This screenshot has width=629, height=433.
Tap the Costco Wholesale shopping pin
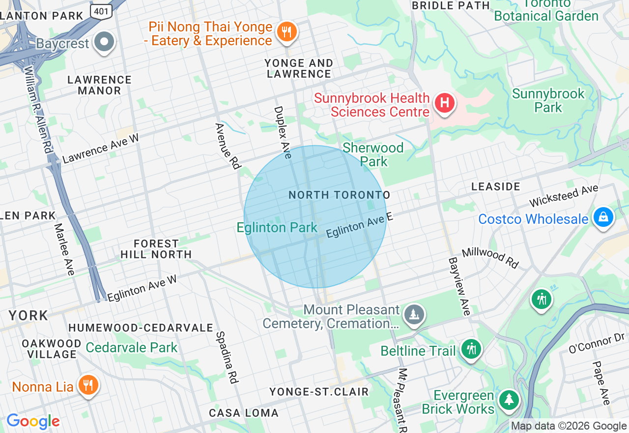click(x=603, y=217)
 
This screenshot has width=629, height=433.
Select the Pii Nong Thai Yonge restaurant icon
click(x=286, y=32)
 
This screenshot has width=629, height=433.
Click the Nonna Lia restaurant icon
click(x=88, y=385)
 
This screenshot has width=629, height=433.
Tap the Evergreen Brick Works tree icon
click(x=509, y=400)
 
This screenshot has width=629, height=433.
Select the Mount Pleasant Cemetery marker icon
click(x=414, y=313)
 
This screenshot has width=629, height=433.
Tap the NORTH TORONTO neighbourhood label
click(x=339, y=195)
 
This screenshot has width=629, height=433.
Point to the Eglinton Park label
click(x=277, y=227)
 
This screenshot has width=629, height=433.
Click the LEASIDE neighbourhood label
click(x=496, y=186)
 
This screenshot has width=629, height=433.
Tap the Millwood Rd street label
click(x=490, y=258)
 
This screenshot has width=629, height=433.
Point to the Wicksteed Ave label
click(x=564, y=196)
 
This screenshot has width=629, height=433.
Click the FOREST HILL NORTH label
click(x=156, y=249)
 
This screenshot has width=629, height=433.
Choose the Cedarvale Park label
click(x=132, y=347)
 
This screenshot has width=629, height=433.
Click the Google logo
click(x=33, y=421)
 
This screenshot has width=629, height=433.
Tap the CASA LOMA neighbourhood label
click(x=244, y=413)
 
